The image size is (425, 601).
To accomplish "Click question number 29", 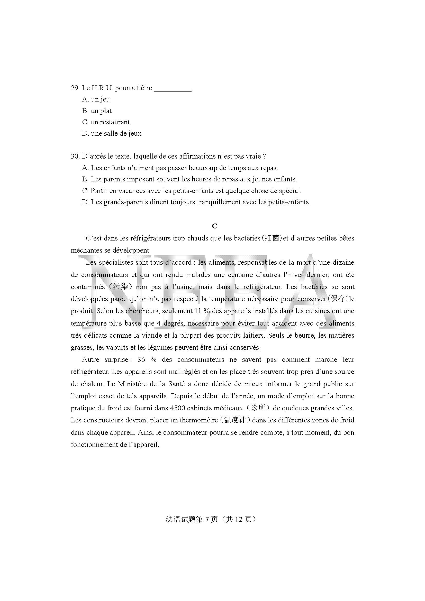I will coord(75,88).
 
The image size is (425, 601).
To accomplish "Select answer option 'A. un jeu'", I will coord(96,99).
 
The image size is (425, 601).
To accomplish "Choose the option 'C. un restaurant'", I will coord(106,122).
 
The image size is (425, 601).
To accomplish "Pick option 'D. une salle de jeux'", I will coord(112,134).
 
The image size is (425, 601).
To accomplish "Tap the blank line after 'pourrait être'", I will coord(173,89).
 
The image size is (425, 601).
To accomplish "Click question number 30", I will coord(75,156).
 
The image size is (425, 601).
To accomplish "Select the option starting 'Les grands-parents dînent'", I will coord(196,202).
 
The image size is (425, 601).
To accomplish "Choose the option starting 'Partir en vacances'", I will coord(192,191).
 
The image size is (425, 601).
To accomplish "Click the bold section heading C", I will coord(214,226).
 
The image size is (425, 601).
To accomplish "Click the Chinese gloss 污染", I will coord(121,287).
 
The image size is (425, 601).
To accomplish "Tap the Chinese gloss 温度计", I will coord(235,420).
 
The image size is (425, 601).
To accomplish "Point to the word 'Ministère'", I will coord(133,384).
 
